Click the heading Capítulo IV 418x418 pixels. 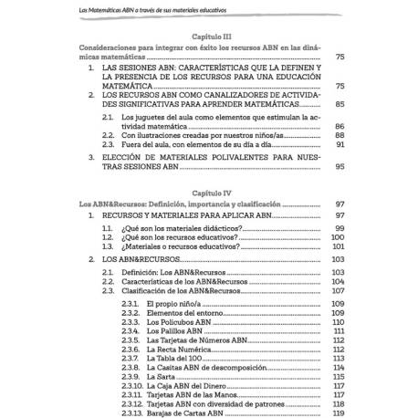208,194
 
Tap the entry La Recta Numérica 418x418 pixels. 183,353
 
